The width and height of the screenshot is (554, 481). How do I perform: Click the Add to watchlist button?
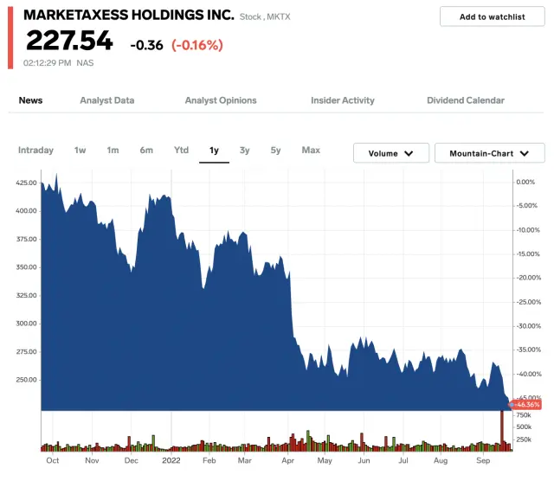[492, 16]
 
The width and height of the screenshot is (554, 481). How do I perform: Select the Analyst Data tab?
[106, 100]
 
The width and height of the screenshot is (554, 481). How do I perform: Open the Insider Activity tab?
[343, 100]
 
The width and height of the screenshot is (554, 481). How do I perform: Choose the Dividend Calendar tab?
[466, 100]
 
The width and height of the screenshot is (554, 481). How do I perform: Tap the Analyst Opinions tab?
[221, 100]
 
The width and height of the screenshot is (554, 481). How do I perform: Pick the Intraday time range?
[35, 151]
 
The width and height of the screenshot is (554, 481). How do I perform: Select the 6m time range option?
[146, 151]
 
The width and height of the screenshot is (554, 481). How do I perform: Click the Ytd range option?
[181, 151]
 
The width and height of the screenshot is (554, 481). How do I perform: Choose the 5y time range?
[275, 151]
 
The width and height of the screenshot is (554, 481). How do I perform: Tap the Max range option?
[311, 151]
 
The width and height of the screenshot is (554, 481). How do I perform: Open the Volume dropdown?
[391, 153]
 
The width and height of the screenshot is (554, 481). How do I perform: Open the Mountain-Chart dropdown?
[489, 153]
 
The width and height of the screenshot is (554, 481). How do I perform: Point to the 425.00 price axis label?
[26, 183]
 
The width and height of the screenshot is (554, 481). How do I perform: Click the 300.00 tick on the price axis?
[26, 324]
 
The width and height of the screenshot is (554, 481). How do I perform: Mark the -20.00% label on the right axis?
[528, 278]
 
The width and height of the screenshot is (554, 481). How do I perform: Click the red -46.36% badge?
[526, 404]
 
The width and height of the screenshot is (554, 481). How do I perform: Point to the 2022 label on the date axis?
[171, 461]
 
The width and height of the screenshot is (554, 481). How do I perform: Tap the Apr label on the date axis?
[287, 461]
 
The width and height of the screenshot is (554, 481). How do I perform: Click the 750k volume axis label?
[525, 415]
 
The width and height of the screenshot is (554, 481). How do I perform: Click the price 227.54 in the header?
[68, 41]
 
